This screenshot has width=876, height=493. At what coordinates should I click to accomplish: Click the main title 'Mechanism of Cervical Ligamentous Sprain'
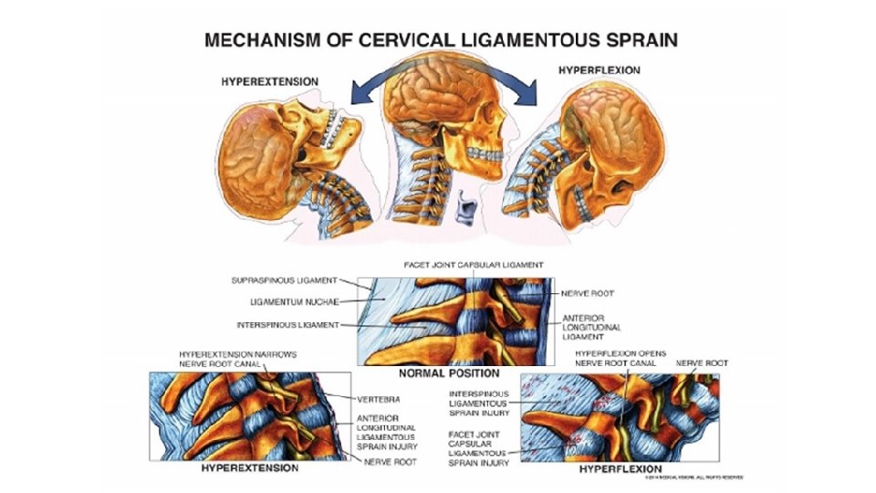point(441,40)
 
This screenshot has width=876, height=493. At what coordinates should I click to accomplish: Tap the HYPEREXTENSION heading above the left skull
point(270,81)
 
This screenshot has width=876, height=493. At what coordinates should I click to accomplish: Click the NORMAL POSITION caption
point(448,373)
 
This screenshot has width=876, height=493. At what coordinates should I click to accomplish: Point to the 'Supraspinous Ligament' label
point(286,279)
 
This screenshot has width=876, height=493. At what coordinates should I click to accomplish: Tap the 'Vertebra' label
point(368,399)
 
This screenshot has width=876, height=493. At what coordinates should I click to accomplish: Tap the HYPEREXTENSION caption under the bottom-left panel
point(249,467)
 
